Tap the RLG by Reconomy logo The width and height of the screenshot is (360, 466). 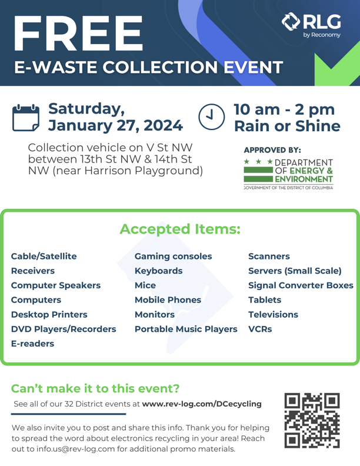[312, 25]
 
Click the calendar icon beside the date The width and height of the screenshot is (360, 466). [26, 116]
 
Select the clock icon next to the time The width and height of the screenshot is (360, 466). [211, 116]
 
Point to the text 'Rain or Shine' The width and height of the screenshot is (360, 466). [287, 126]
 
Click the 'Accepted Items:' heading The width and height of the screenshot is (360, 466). [180, 229]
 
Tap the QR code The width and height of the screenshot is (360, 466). [312, 420]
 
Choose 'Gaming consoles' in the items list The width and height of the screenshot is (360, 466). [173, 257]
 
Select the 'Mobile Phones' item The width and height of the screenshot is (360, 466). [168, 300]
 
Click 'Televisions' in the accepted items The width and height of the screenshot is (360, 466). [273, 315]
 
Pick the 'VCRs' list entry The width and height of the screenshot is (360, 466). [260, 329]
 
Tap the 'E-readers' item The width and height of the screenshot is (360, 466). [32, 344]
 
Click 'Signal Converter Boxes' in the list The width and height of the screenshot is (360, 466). [301, 285]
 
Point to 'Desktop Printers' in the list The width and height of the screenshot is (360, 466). [49, 315]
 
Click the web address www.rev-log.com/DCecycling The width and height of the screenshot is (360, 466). [202, 404]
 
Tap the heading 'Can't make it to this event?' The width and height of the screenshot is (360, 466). [95, 388]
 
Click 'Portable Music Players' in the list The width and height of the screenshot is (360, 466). [186, 329]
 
